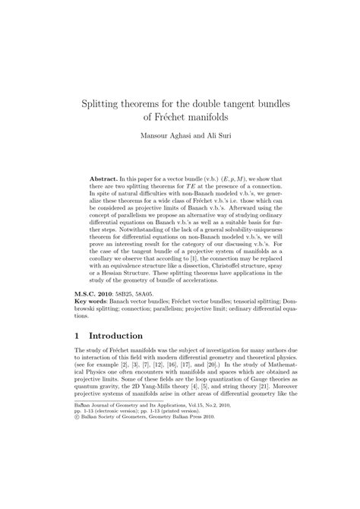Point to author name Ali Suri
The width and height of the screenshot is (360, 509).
click(x=210, y=138)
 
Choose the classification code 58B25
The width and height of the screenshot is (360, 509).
click(x=131, y=294)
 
